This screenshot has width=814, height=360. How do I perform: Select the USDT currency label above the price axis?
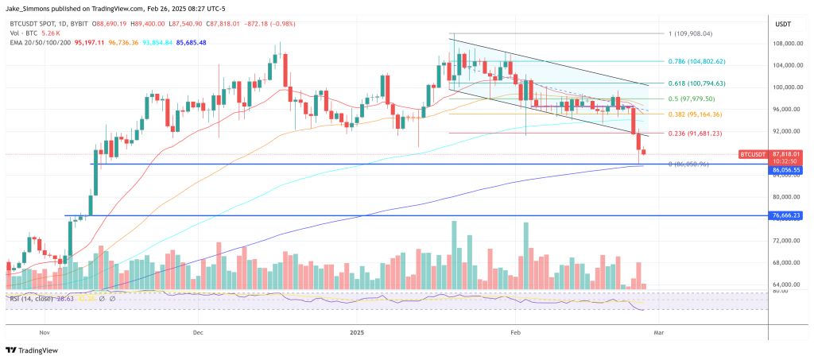point(785,24)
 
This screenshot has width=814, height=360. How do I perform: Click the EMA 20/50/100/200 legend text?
point(37,42)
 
